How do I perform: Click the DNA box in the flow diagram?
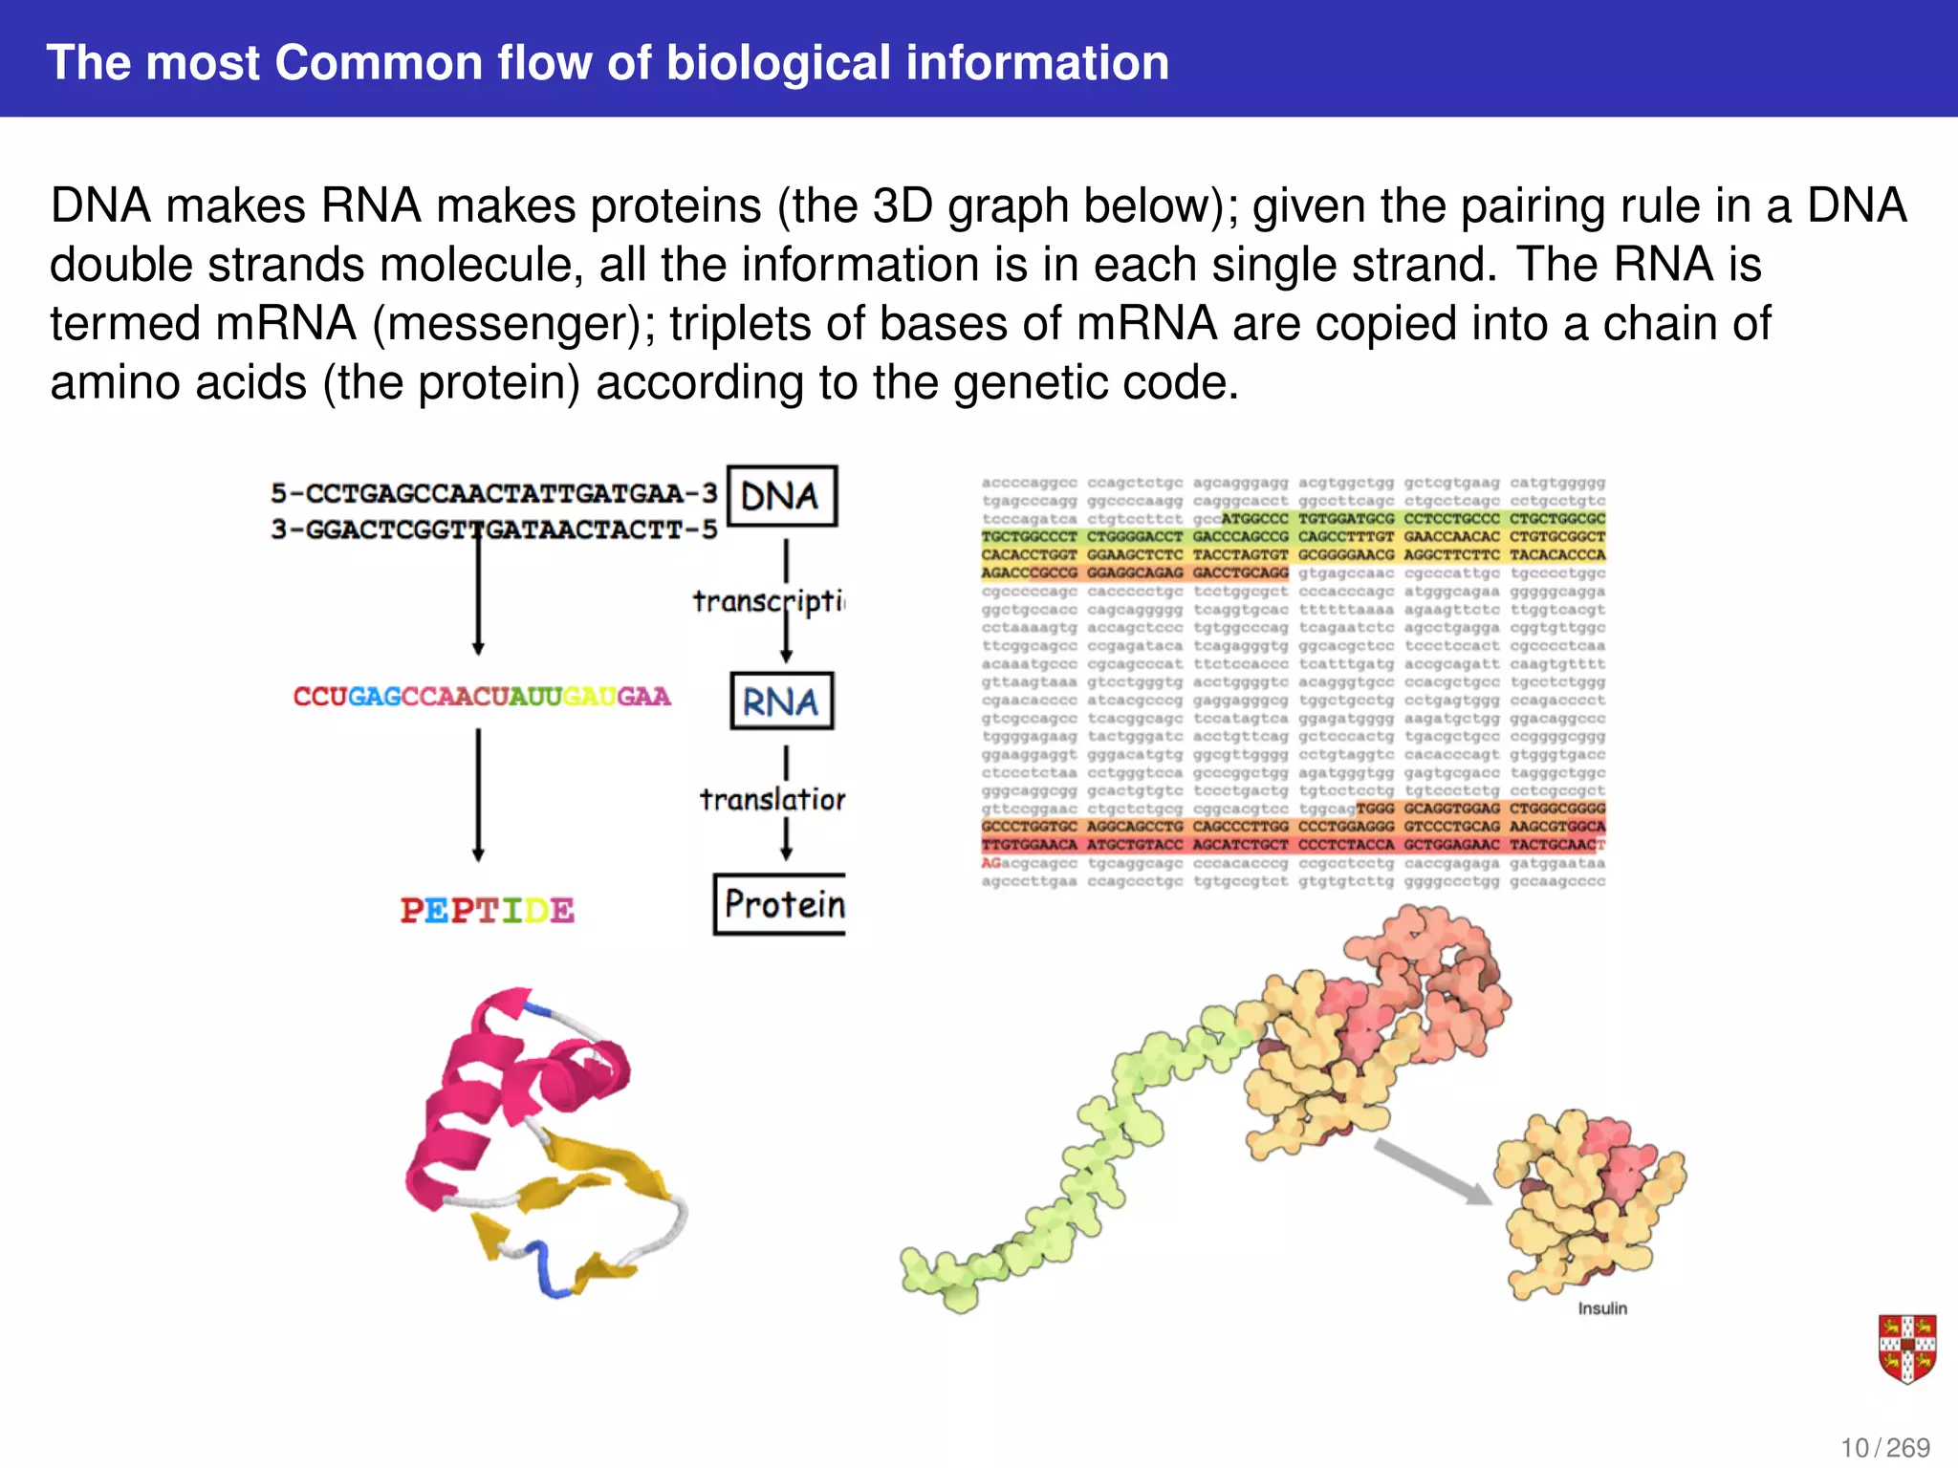pyautogui.click(x=781, y=496)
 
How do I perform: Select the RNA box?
pyautogui.click(x=781, y=702)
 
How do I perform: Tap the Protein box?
pyautogui.click(x=781, y=904)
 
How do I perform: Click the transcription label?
pyautogui.click(x=769, y=601)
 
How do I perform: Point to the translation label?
pyautogui.click(x=772, y=799)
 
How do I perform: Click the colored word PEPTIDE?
pyautogui.click(x=488, y=910)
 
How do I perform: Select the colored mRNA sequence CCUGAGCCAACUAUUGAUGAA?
pyautogui.click(x=482, y=697)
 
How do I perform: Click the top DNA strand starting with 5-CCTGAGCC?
pyautogui.click(x=493, y=493)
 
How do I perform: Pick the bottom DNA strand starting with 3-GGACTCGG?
pyautogui.click(x=493, y=529)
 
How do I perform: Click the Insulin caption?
pyautogui.click(x=1602, y=1308)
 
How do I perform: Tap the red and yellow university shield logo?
pyautogui.click(x=1906, y=1349)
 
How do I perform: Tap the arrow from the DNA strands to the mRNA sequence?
pyautogui.click(x=478, y=593)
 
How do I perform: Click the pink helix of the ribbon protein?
pyautogui.click(x=497, y=1080)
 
